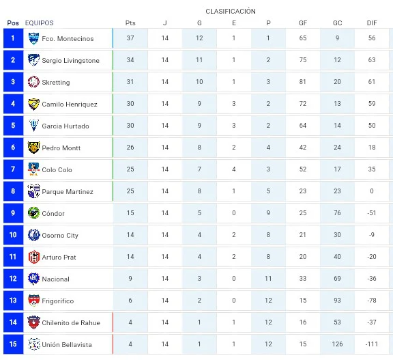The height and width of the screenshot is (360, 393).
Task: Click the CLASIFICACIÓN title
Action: tap(231, 12)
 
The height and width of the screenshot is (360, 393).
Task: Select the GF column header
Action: tap(303, 23)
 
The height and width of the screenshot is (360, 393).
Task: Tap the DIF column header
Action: tap(372, 23)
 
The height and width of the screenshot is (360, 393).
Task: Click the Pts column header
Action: tap(130, 23)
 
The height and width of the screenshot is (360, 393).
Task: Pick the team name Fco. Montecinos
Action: tap(68, 39)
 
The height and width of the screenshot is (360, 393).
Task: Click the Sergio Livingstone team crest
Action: tap(33, 60)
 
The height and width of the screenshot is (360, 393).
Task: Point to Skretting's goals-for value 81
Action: tap(302, 82)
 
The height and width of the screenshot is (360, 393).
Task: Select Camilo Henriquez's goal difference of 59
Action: tap(372, 104)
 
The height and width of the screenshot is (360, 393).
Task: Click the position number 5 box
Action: tap(13, 126)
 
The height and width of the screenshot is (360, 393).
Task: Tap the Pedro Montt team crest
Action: tap(33, 148)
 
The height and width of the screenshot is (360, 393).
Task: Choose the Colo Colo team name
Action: tap(57, 170)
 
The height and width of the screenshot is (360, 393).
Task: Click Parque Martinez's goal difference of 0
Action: tap(372, 191)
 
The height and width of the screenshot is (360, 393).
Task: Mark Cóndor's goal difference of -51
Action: tap(372, 213)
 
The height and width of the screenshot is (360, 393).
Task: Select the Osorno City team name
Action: tap(60, 235)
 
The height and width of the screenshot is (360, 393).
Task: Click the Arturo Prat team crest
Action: tap(33, 257)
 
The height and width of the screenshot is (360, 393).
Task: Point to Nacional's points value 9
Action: tap(130, 279)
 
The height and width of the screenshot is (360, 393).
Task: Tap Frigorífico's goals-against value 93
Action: tap(337, 301)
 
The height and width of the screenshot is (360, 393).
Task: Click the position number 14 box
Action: tap(13, 322)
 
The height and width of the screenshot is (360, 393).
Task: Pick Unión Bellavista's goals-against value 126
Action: tap(337, 344)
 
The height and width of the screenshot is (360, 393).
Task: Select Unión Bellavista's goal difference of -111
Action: tap(372, 344)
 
